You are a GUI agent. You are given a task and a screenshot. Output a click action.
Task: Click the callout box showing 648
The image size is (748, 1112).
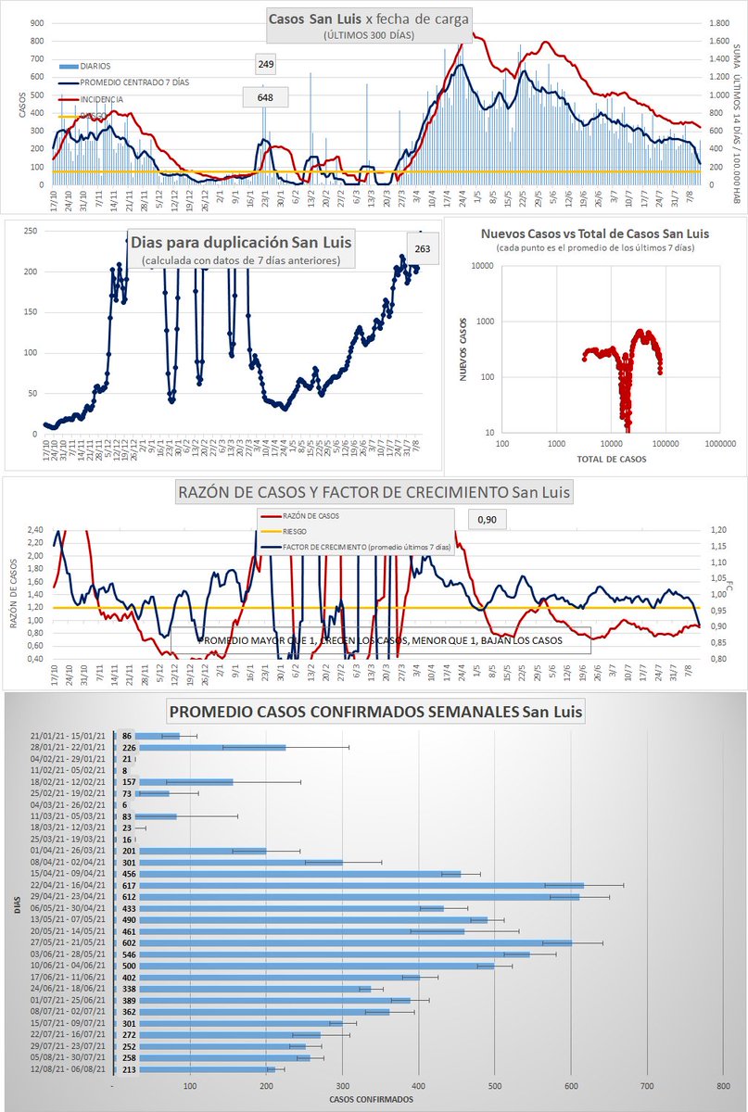pos(266,96)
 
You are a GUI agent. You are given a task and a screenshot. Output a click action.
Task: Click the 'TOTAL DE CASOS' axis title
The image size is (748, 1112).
pos(611,459)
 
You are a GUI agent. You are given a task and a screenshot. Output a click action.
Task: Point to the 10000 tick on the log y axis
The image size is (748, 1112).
pos(481,267)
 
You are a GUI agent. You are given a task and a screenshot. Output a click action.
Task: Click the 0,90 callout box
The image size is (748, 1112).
pos(487,521)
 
